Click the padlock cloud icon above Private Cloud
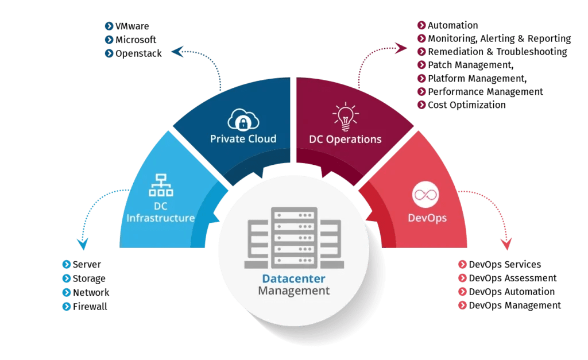(243, 118)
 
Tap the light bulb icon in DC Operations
(345, 115)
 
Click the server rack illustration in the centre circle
(293, 238)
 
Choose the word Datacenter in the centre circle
(293, 279)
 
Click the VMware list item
(132, 26)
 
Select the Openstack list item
(138, 53)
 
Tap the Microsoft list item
(136, 40)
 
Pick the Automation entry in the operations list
(452, 25)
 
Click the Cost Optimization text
(466, 105)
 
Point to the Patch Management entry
(469, 65)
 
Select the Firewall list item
(90, 307)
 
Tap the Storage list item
(89, 278)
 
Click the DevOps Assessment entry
(512, 278)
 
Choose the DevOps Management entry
(514, 305)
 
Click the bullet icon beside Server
(66, 265)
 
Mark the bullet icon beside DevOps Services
(462, 265)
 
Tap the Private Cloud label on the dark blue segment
(243, 139)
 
